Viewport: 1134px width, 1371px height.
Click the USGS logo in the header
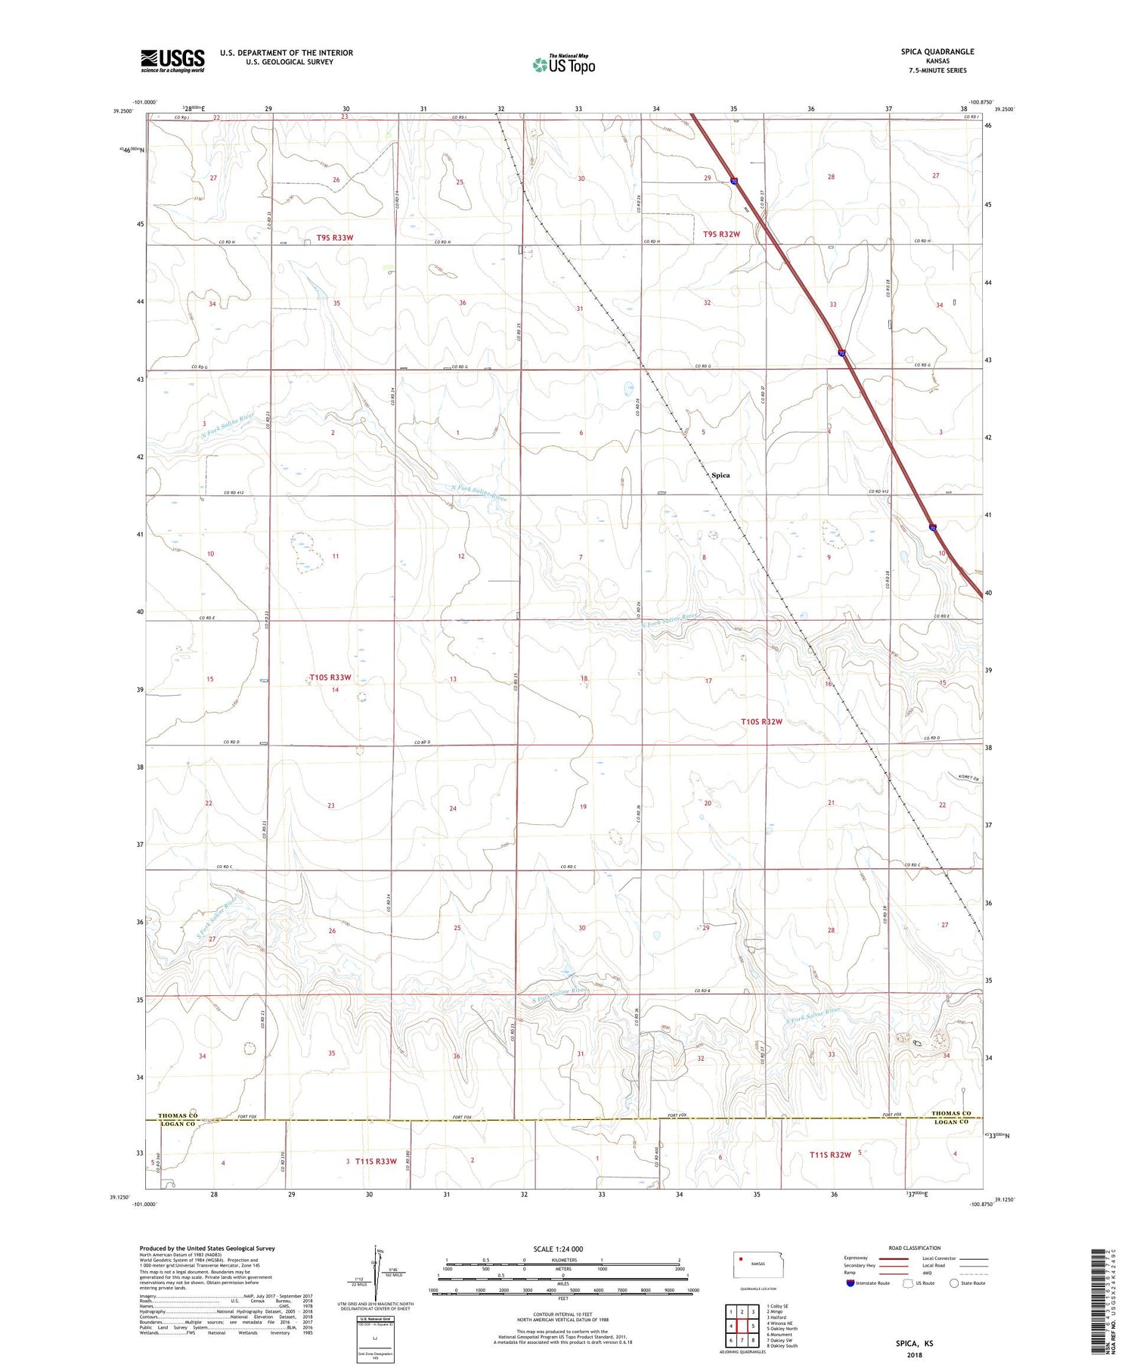[172, 60]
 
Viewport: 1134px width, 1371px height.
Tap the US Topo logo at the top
[564, 65]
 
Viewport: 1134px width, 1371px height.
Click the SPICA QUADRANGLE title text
[937, 51]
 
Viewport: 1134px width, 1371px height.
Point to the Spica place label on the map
[720, 475]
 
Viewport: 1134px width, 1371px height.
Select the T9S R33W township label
[335, 237]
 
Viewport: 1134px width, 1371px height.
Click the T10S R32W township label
[761, 721]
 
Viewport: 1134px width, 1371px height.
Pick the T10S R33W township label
[330, 678]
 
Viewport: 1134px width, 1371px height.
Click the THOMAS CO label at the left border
[177, 1115]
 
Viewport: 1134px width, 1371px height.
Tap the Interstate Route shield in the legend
[850, 1283]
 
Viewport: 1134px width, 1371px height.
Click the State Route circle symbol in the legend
[954, 1283]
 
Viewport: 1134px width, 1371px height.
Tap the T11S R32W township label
[829, 1155]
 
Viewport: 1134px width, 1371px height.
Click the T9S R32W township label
[721, 234]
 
